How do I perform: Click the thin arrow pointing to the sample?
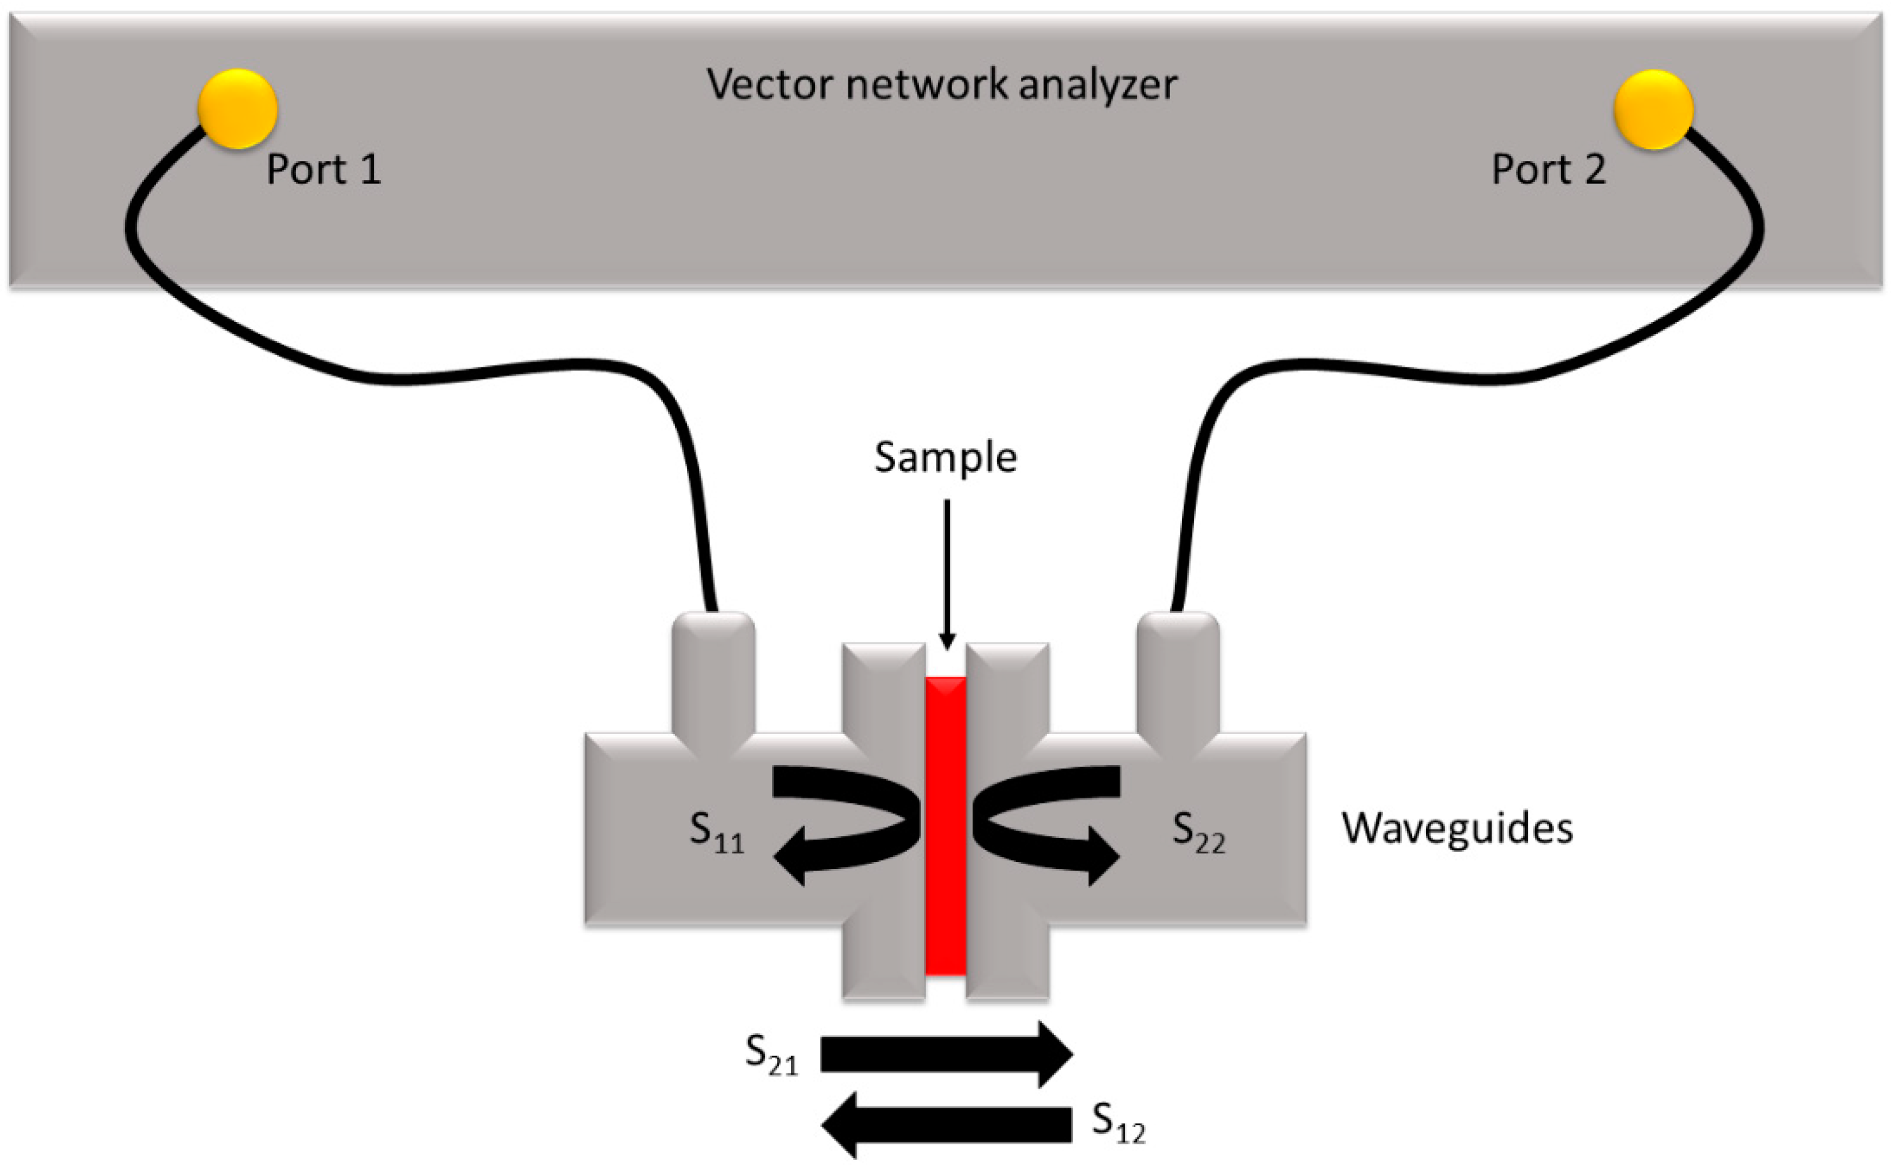[x=946, y=574]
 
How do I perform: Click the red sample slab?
[x=946, y=826]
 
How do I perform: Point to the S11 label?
[x=716, y=831]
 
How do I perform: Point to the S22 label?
[x=1198, y=831]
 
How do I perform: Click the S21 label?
[x=771, y=1055]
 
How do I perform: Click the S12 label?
[x=1117, y=1122]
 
